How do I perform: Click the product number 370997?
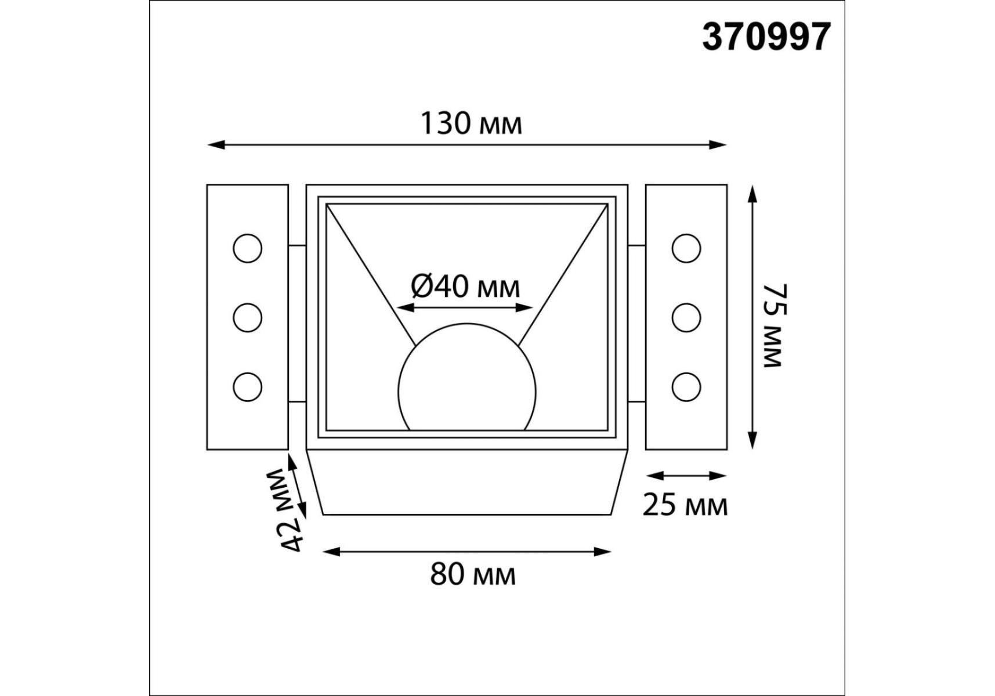point(766,38)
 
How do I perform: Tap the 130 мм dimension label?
point(471,124)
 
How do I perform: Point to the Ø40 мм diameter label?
point(465,286)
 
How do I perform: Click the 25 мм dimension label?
point(685,505)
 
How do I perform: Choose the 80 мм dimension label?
point(472,575)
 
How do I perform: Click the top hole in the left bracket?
point(248,248)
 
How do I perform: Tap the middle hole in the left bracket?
point(248,317)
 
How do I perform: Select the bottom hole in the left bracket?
point(248,386)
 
